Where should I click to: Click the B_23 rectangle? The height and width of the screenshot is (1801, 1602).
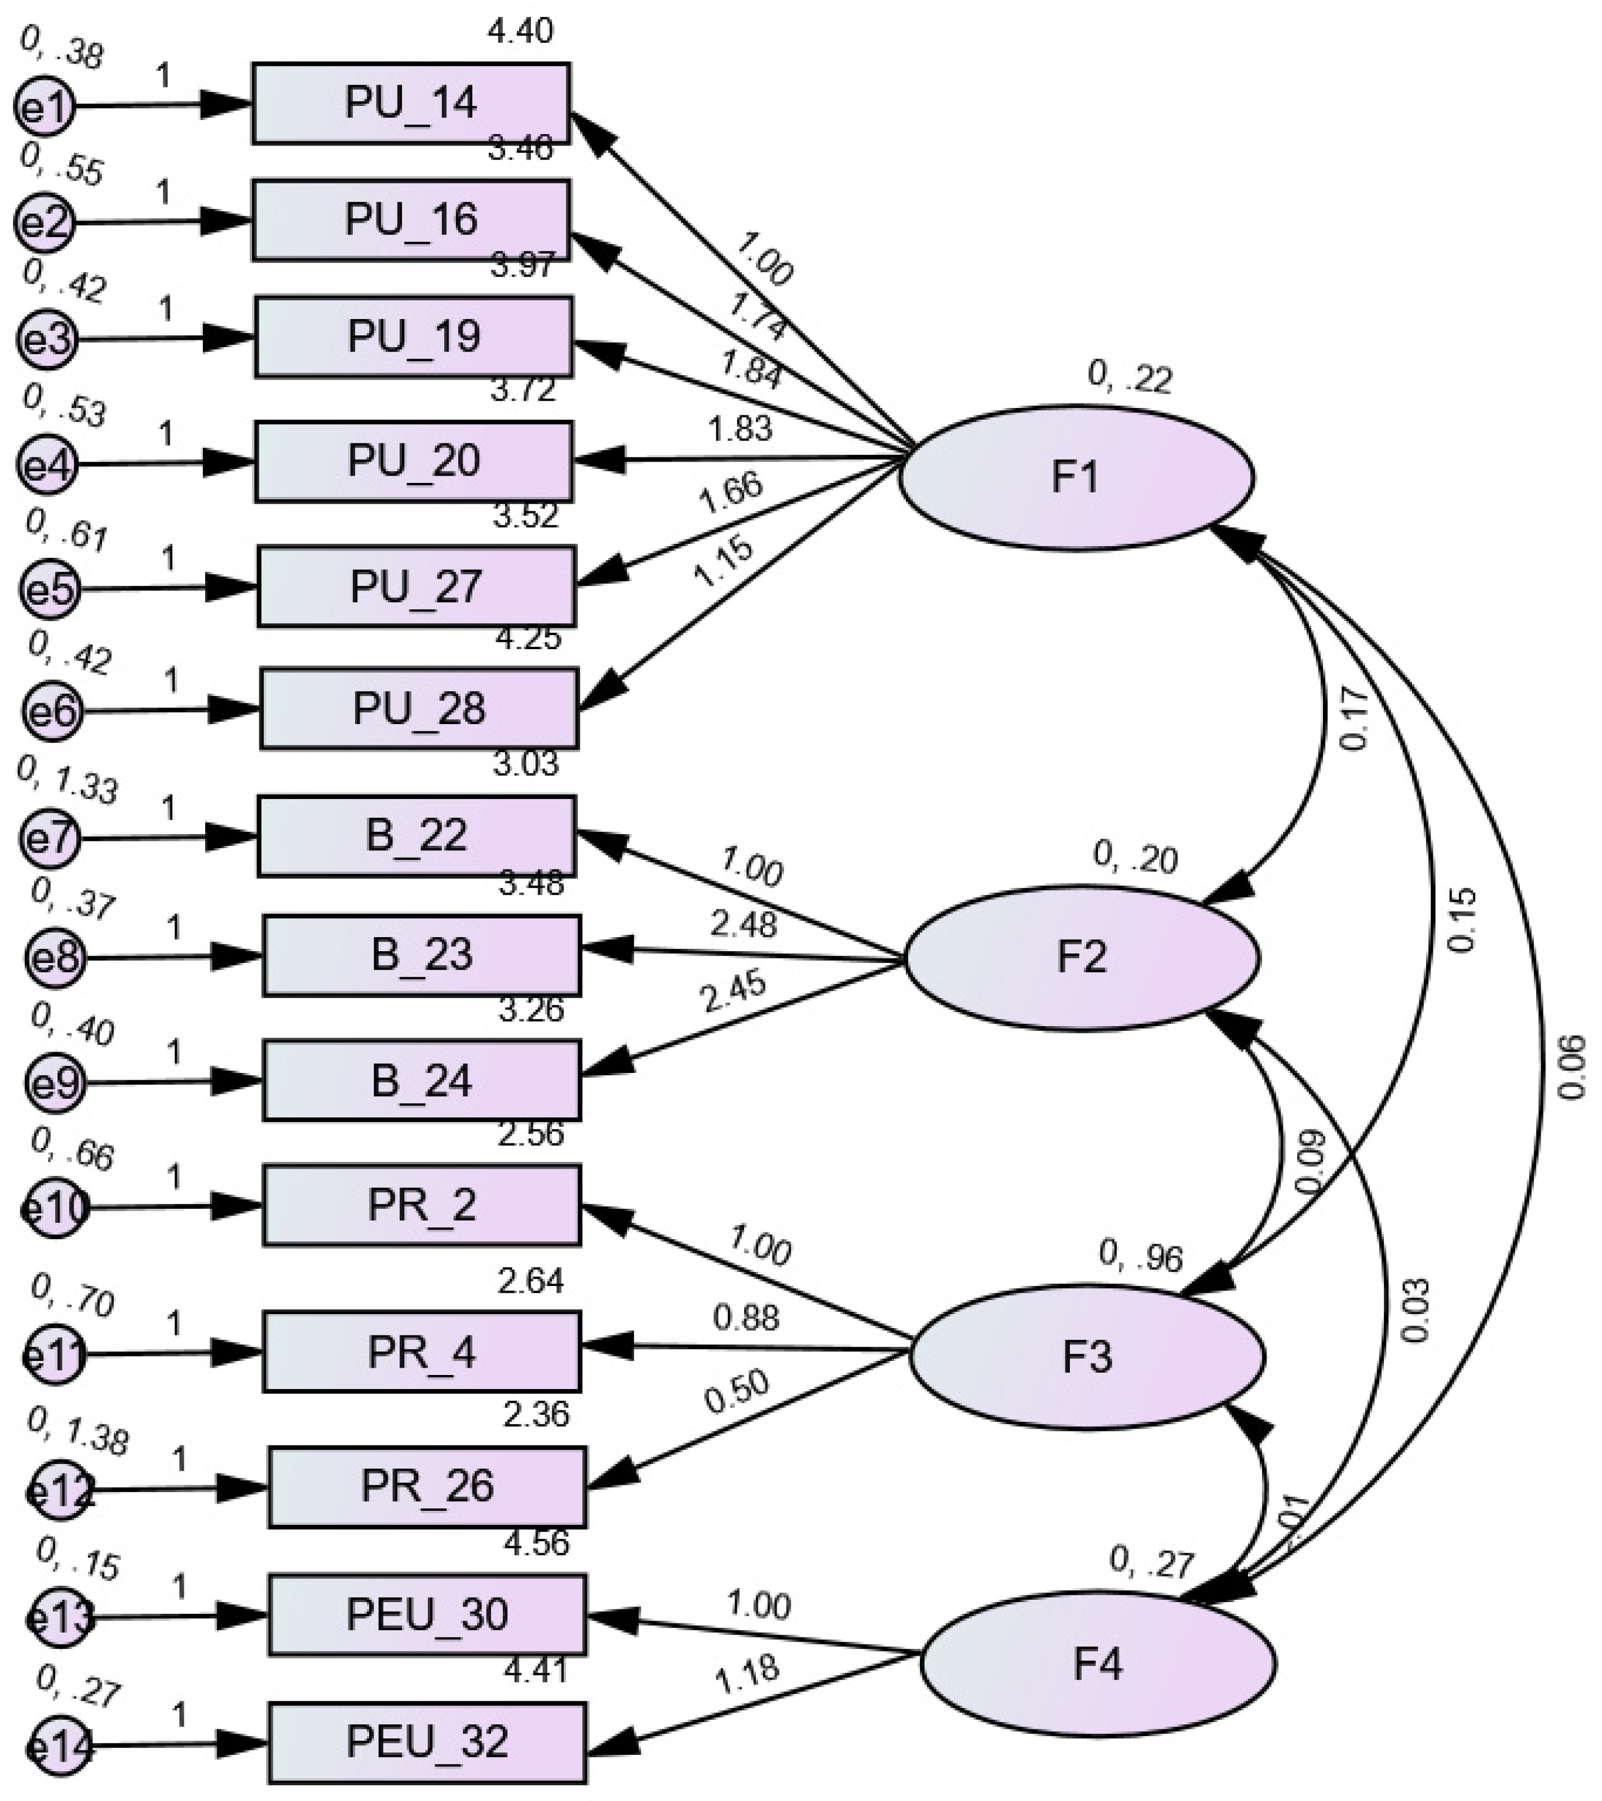pyautogui.click(x=421, y=955)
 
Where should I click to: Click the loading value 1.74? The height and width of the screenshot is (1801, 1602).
pyautogui.click(x=758, y=316)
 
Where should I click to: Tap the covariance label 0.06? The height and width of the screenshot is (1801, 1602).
pyautogui.click(x=1572, y=1067)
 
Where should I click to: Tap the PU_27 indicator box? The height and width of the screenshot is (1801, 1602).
pyautogui.click(x=416, y=587)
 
